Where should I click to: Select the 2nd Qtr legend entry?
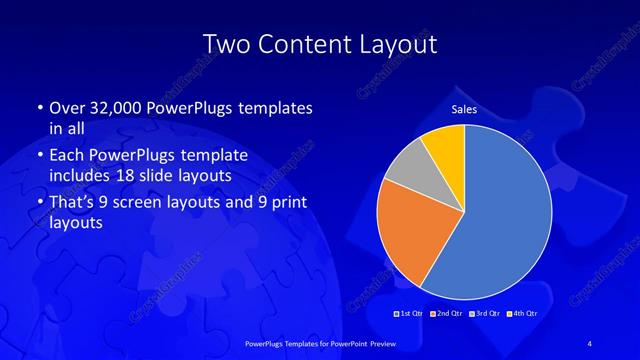coord(446,315)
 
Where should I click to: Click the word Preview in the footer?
coord(378,343)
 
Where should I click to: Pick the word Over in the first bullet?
coord(67,108)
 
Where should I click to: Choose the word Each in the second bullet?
coord(67,156)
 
